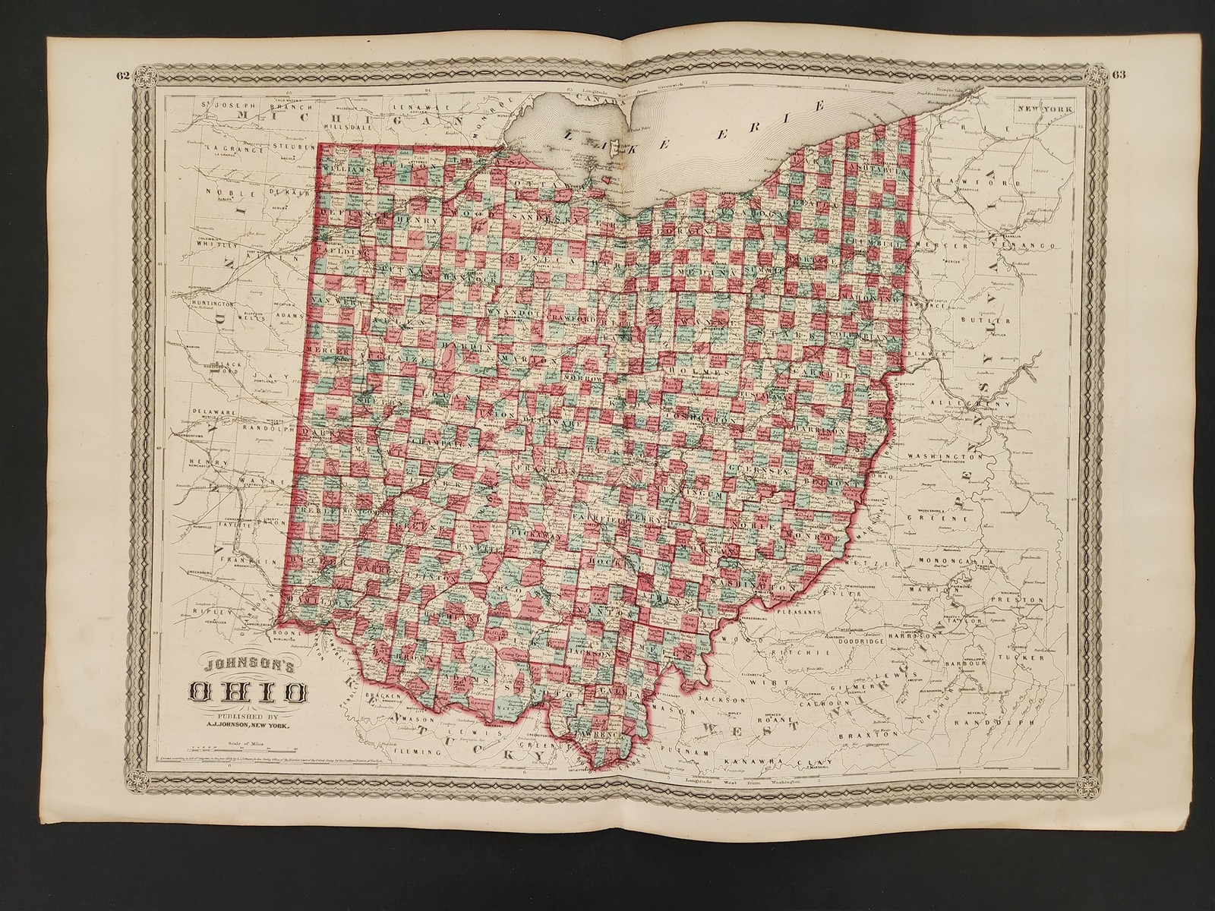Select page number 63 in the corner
[x=1119, y=74]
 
